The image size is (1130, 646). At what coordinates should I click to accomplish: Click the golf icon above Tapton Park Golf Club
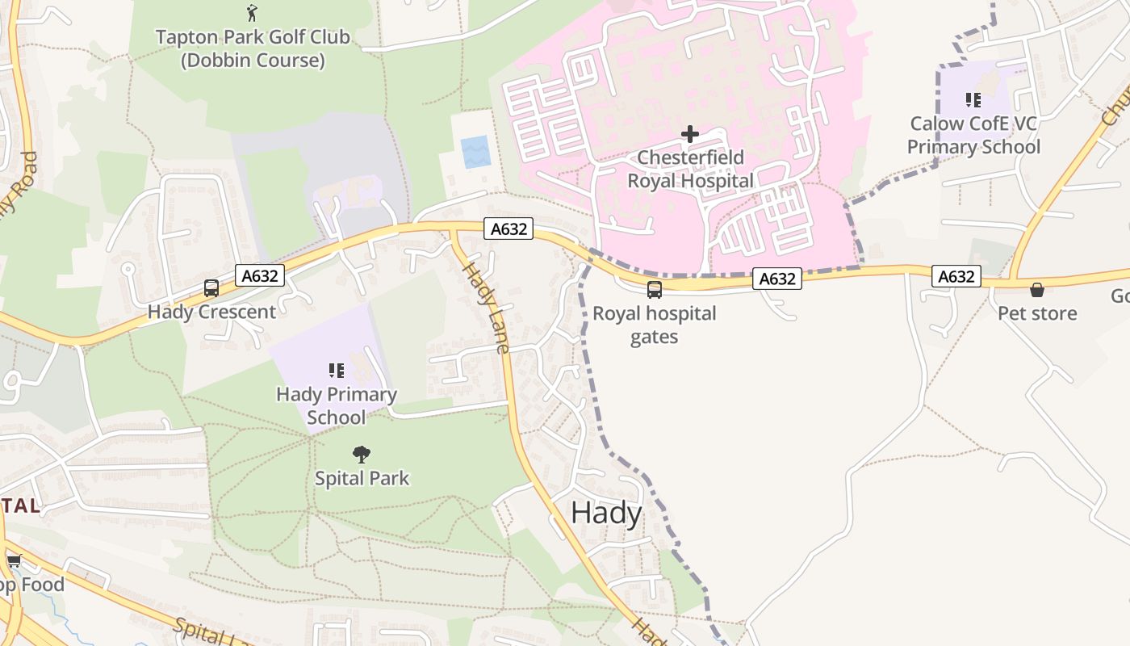pyautogui.click(x=252, y=12)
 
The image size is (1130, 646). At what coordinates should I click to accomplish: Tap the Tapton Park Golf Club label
pyautogui.click(x=252, y=48)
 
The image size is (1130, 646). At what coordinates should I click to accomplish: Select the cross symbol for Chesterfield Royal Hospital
pyautogui.click(x=690, y=134)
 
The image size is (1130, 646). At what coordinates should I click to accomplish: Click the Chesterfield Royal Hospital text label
pyautogui.click(x=690, y=169)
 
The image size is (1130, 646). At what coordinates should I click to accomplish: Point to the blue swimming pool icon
pyautogui.click(x=475, y=152)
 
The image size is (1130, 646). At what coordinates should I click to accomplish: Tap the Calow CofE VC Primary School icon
pyautogui.click(x=973, y=100)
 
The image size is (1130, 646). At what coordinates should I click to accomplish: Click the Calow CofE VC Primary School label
pyautogui.click(x=973, y=135)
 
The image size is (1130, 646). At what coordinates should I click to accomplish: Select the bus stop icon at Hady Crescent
pyautogui.click(x=211, y=288)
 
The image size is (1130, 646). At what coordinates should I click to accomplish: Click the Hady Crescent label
pyautogui.click(x=211, y=312)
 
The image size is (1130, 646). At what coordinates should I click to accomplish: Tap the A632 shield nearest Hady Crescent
pyautogui.click(x=260, y=276)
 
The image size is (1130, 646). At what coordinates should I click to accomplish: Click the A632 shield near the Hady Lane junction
pyautogui.click(x=509, y=229)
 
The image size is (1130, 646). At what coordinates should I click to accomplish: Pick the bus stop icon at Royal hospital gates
pyautogui.click(x=655, y=289)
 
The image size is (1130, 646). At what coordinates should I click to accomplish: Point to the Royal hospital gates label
pyautogui.click(x=655, y=325)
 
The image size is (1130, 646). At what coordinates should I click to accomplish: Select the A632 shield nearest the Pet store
pyautogui.click(x=956, y=277)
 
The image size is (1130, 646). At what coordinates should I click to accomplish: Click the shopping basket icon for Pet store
pyautogui.click(x=1037, y=290)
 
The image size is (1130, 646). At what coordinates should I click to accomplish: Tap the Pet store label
pyautogui.click(x=1037, y=313)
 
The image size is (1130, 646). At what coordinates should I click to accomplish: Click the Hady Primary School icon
pyautogui.click(x=337, y=371)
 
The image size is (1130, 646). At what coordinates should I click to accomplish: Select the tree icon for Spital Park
pyautogui.click(x=362, y=455)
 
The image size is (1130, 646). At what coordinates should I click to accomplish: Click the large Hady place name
pyautogui.click(x=606, y=514)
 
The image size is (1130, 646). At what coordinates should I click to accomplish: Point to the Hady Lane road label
pyautogui.click(x=487, y=307)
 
